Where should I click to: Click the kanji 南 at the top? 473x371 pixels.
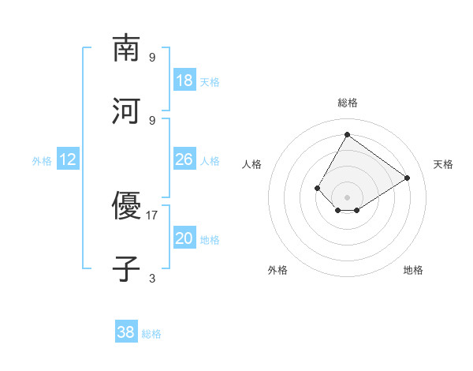tap(127, 48)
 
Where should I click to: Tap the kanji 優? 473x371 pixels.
tap(127, 206)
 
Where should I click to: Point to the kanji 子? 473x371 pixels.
tap(127, 269)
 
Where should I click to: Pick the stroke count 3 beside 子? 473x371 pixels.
tap(152, 278)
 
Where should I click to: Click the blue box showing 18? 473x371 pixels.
tap(184, 81)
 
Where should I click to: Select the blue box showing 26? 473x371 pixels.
tap(184, 160)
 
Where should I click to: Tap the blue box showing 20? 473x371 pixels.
tap(184, 239)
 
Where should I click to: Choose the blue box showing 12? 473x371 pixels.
tap(68, 160)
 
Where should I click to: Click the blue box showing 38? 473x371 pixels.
tap(126, 333)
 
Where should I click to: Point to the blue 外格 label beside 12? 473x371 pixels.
tap(42, 161)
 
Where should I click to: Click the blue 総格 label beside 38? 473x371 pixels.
tap(151, 334)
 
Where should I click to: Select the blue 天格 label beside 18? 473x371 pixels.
tap(210, 82)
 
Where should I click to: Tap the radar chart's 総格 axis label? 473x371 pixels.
tap(348, 103)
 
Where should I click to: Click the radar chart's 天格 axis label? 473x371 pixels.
tap(444, 164)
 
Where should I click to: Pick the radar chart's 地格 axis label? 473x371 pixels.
tap(413, 270)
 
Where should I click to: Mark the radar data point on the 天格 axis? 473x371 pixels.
tap(408, 178)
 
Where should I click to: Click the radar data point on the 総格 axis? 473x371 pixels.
tap(347, 134)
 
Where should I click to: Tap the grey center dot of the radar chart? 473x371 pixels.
tap(347, 197)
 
